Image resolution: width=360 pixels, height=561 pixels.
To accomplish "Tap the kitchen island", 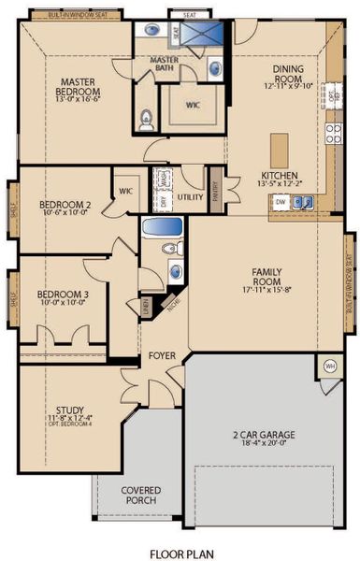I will coord(278,150).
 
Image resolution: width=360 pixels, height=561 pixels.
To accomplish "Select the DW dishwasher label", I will coord(280,202).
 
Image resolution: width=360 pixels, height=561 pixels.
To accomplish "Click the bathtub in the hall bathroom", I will coord(161,226).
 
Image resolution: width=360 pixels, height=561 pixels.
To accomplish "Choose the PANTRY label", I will coord(215,190).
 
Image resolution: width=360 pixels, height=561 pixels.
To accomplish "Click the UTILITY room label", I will coord(190,197).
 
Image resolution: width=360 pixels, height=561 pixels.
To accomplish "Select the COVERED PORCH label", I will coord(140,496).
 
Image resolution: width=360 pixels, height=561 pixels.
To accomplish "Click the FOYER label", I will coord(156,356).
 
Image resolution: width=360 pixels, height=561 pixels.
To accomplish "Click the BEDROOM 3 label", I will coord(63,295).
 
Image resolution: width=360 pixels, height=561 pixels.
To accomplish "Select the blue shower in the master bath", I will coord(203,36).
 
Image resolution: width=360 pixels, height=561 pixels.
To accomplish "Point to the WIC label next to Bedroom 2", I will coord(125,192).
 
